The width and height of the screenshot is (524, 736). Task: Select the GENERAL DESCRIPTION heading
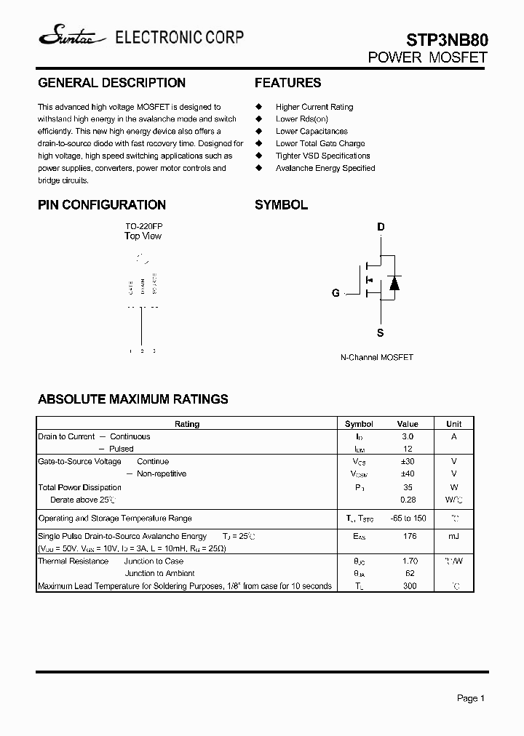tap(111, 83)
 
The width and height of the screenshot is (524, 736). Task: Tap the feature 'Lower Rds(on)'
tap(301, 119)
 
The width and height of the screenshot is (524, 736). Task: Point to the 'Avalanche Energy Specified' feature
tap(325, 168)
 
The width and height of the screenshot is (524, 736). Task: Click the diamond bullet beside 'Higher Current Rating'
tap(258, 107)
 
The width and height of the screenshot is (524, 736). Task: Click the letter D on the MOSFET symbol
tap(380, 227)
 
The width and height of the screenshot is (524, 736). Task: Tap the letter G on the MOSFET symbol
tap(336, 293)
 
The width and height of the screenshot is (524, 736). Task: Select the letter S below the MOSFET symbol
tap(380, 333)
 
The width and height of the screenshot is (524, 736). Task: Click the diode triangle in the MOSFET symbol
tap(394, 283)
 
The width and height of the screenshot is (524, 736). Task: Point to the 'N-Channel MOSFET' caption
tap(376, 358)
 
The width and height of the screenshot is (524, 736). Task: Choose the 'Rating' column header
tap(187, 424)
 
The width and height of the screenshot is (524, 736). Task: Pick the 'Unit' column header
tap(453, 424)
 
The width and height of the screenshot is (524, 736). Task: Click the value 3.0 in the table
tap(408, 436)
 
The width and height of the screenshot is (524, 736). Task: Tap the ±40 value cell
tap(408, 473)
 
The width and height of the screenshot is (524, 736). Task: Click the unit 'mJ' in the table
tap(453, 536)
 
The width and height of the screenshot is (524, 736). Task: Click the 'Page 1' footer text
tap(471, 698)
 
